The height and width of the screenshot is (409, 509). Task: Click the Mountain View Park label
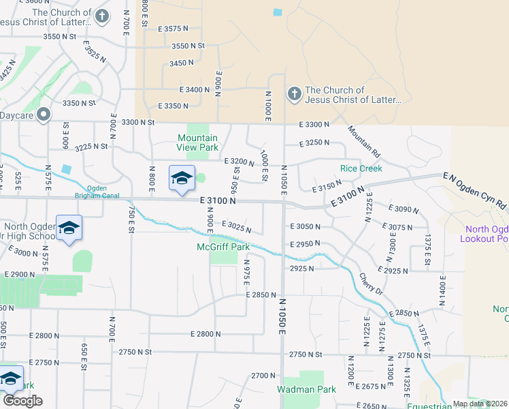tap(198, 142)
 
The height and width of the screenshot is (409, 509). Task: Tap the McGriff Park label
tap(223, 247)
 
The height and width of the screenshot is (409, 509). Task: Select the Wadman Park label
tap(306, 389)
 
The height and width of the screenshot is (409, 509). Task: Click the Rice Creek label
tap(361, 168)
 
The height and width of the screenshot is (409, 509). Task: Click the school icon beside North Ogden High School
tap(69, 228)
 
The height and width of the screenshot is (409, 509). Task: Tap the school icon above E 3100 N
tap(182, 179)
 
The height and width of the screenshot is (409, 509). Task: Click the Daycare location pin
tap(44, 114)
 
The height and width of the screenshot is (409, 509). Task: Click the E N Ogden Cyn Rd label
tap(475, 190)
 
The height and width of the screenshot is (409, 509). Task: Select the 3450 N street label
tap(182, 62)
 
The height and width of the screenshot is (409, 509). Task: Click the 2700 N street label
tap(263, 376)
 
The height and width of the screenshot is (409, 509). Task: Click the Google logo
tap(22, 400)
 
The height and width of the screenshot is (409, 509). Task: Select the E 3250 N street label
tap(314, 144)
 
